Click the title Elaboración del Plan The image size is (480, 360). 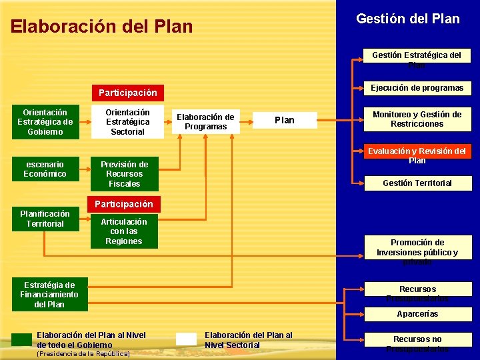101,27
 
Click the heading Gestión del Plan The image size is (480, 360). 407,19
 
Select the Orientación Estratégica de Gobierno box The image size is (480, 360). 45,122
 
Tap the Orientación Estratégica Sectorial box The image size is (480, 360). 127,122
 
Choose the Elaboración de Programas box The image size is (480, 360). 205,122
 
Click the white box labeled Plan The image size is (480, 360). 285,120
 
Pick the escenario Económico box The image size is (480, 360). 45,169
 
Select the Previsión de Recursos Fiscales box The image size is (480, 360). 124,174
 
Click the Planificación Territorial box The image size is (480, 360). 45,219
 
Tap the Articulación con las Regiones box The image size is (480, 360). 124,231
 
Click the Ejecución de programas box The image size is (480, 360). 417,88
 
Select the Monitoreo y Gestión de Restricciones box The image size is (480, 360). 417,119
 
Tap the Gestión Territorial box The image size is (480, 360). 417,183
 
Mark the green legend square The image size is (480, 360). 21,339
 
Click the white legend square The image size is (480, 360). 186,339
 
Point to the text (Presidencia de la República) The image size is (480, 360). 83,354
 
